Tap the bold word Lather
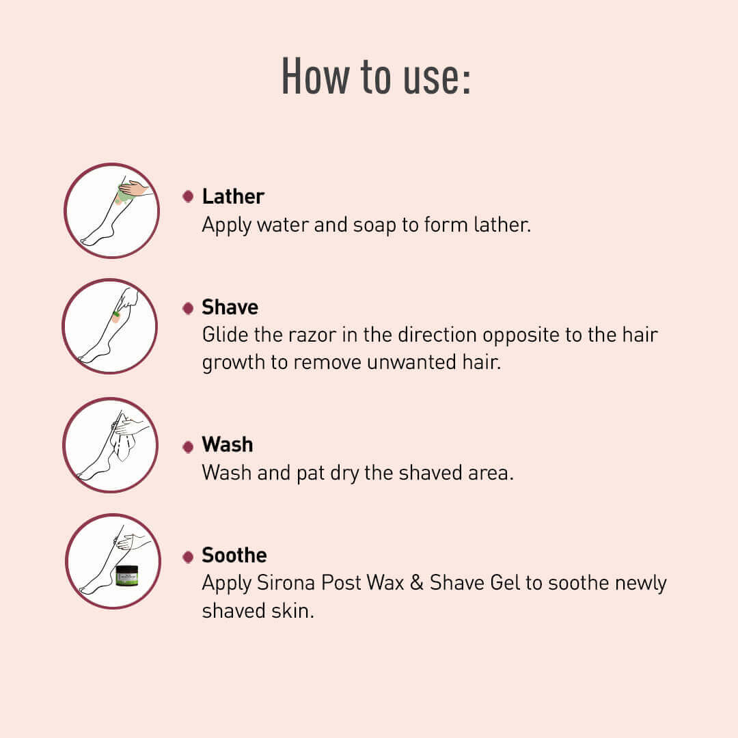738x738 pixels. click(x=233, y=197)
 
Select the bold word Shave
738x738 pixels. click(x=230, y=307)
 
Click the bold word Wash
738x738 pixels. click(x=228, y=445)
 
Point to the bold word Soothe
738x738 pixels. click(x=234, y=556)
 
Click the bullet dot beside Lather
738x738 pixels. click(x=188, y=197)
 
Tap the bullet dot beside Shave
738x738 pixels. click(x=188, y=308)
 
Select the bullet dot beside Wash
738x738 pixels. click(x=188, y=446)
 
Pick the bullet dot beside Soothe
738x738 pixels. click(x=188, y=557)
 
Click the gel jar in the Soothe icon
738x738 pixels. click(x=126, y=575)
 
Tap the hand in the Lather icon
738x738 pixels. click(x=135, y=188)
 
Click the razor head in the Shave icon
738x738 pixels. click(x=116, y=316)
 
